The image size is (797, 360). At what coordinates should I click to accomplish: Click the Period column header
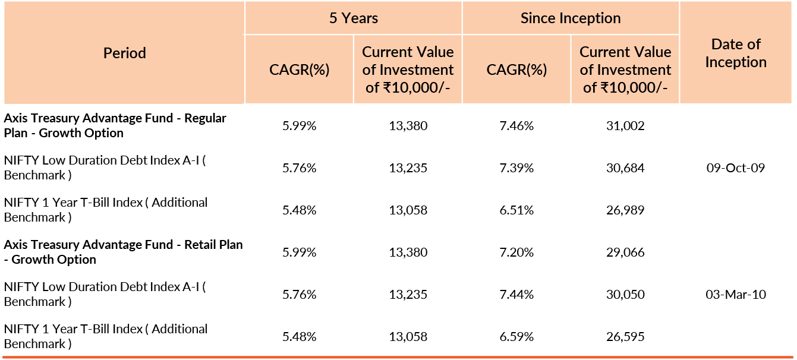coord(124,53)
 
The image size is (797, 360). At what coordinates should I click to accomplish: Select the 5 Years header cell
coord(354,18)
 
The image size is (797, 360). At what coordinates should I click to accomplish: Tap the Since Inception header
coord(571,18)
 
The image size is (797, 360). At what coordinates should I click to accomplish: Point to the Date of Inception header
coord(736,53)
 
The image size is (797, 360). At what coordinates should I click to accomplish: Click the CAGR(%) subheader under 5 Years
coord(300,70)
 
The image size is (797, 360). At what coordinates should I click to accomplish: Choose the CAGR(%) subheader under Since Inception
coord(516,70)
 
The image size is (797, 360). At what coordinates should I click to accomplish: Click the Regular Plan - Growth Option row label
coord(115,125)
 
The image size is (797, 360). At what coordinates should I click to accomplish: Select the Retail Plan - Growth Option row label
coord(123,252)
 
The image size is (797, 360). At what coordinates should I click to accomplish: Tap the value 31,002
coord(625,126)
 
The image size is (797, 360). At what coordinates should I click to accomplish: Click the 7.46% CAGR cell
coord(516,126)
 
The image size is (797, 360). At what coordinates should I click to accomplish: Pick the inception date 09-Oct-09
coord(736,168)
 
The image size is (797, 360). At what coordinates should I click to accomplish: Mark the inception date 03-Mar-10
coord(736,295)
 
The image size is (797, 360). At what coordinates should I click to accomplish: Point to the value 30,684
coord(625,168)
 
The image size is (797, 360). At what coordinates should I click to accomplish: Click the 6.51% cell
coord(516,210)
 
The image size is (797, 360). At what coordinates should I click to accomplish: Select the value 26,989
coord(625,210)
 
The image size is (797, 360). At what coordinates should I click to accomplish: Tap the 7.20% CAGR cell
coord(516,252)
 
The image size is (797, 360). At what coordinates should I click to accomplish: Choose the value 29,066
coord(625,252)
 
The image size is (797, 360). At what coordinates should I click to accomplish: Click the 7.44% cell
coord(516,295)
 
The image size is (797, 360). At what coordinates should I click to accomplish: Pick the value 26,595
coord(625,337)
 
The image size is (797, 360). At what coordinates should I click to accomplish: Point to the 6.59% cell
coord(516,337)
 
